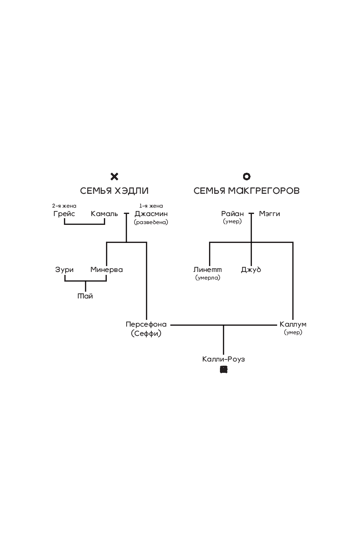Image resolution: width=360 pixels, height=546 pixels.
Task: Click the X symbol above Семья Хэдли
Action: tap(114, 177)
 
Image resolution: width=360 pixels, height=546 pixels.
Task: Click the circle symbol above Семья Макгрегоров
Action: tap(247, 177)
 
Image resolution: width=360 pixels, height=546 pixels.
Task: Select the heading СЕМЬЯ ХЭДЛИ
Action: tap(114, 191)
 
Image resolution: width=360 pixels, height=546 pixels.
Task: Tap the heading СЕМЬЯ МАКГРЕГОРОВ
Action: tap(246, 191)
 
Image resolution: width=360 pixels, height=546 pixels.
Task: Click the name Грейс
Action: tap(64, 214)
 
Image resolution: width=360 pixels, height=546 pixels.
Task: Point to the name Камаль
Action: tap(104, 214)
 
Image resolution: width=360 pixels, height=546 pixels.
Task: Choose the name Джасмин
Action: tap(151, 214)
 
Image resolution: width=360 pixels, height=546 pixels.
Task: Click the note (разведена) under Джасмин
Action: tap(151, 222)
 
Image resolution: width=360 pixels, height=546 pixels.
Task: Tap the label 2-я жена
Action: tap(64, 206)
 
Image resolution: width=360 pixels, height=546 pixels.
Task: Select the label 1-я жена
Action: tap(151, 206)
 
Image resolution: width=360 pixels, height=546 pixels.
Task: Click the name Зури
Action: tap(64, 270)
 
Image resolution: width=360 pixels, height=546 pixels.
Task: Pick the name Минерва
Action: tap(106, 270)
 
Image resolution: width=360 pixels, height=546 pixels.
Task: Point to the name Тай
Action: tap(85, 296)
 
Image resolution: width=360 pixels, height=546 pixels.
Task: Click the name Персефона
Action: tap(146, 324)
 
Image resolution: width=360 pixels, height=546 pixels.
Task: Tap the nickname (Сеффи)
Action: tap(146, 334)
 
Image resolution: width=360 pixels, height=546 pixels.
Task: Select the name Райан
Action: tap(233, 214)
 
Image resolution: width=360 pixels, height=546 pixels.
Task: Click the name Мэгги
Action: tap(270, 214)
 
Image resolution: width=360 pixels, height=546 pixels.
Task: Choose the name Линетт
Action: tap(208, 270)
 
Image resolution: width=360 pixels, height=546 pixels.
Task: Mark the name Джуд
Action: tap(251, 270)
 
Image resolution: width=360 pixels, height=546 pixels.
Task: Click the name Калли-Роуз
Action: tap(223, 359)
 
